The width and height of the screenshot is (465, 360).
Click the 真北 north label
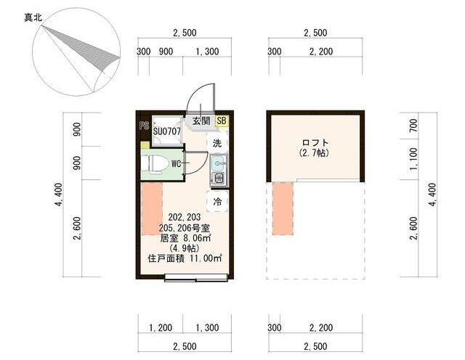tap(33, 18)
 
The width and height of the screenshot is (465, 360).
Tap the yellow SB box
tap(222, 121)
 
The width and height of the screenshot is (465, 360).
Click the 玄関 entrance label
tap(201, 121)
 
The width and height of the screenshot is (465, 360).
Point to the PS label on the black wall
tap(144, 126)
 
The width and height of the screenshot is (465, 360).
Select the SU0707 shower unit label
tap(166, 131)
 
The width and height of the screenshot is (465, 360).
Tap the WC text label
tap(176, 164)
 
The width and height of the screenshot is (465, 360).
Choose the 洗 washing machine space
tap(217, 144)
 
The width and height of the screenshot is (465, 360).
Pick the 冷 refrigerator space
tap(217, 202)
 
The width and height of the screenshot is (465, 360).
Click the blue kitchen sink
tap(219, 163)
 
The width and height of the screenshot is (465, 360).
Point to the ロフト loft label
tap(315, 142)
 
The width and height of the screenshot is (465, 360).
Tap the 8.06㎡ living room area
tap(198, 237)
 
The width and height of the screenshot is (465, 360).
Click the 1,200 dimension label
tap(161, 328)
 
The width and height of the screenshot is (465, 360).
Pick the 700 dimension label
tap(413, 125)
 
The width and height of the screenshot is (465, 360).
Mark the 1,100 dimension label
tap(413, 159)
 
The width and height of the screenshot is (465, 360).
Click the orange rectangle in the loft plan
tap(283, 208)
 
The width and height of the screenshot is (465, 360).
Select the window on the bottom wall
tap(196, 278)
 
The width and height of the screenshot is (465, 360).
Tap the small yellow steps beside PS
tap(145, 145)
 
